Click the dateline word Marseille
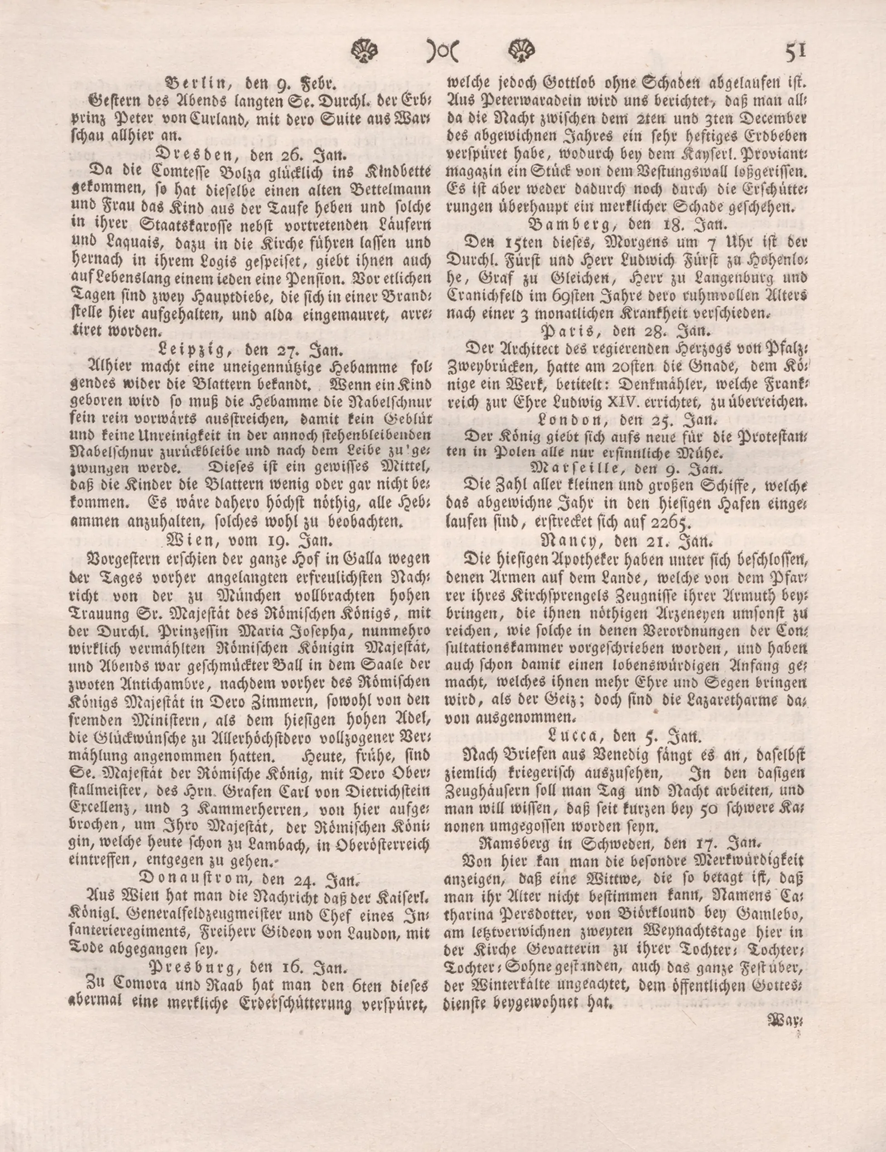coord(571,467)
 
